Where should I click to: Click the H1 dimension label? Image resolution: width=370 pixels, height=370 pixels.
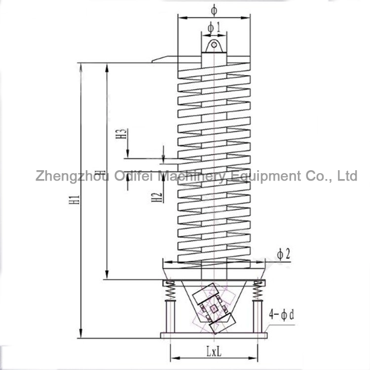point(74,200)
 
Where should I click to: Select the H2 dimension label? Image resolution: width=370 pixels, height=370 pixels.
point(157,197)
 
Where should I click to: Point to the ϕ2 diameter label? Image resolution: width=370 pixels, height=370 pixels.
point(283,255)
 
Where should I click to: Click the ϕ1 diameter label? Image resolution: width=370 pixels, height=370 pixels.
point(214,28)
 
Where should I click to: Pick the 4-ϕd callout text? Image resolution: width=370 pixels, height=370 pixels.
point(282,315)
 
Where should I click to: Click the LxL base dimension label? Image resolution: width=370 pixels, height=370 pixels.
point(214,352)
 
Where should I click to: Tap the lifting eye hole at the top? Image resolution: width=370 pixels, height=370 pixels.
point(214,45)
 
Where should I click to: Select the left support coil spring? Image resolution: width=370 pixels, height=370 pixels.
point(170,291)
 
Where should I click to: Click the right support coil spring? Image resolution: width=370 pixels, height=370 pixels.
point(258,291)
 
